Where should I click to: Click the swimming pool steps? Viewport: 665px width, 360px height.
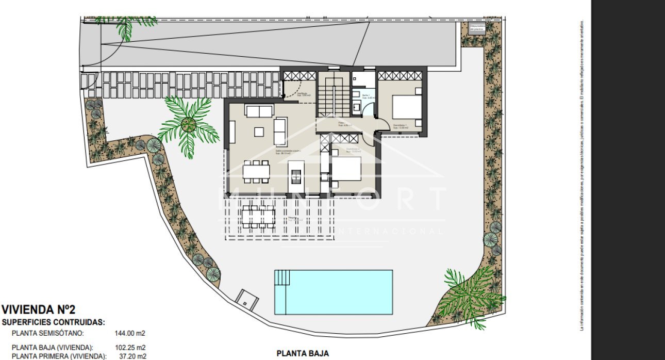pos(282,279)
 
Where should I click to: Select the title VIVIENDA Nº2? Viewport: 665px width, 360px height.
pos(39,310)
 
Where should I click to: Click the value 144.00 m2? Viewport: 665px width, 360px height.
pos(129,333)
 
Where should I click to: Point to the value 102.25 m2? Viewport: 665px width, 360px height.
pos(129,347)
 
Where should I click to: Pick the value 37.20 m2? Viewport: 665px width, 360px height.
pos(131,356)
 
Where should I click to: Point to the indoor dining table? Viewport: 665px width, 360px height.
pos(257,171)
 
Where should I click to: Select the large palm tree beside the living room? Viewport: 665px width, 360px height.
pos(188,124)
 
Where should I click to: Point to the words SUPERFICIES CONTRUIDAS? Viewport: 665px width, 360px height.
pos(54,322)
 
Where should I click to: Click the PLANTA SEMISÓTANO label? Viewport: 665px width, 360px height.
pos(47,333)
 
